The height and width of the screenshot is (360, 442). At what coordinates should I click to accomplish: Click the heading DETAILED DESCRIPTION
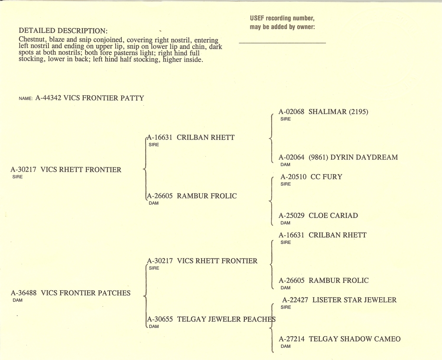click(63, 30)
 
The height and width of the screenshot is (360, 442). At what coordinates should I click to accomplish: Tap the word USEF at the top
click(257, 18)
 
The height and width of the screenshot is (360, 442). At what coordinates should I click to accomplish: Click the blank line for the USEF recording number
click(282, 43)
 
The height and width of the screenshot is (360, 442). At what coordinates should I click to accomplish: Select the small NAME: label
click(26, 98)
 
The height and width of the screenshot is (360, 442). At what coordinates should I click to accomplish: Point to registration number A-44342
click(48, 98)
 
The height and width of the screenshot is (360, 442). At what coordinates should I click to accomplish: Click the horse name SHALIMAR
click(328, 112)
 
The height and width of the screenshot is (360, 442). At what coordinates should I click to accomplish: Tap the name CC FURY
click(326, 177)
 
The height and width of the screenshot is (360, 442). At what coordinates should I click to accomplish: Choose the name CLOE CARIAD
click(333, 216)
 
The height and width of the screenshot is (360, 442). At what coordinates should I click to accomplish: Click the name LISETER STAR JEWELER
click(354, 300)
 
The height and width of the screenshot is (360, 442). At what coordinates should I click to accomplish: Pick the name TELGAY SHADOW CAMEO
click(354, 339)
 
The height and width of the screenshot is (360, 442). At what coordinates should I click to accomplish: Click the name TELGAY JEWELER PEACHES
click(226, 319)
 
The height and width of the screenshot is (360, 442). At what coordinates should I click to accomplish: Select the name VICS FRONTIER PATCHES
click(86, 293)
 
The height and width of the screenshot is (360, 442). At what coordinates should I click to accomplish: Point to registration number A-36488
click(24, 293)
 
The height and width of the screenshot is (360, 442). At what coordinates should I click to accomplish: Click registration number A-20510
click(293, 177)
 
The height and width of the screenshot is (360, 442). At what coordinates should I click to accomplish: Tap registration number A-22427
click(295, 300)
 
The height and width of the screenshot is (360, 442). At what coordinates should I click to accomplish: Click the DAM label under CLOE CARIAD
click(285, 223)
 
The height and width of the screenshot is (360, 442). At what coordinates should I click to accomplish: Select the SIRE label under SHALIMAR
click(285, 119)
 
